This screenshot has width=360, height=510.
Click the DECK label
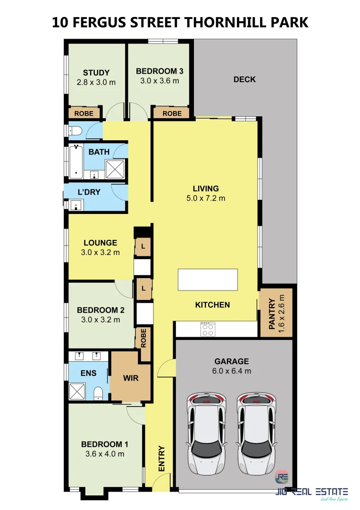244,79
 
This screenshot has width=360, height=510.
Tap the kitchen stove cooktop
208,329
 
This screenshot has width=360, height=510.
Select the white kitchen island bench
208,280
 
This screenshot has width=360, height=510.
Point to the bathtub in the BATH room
76,162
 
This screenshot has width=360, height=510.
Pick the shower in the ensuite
77,391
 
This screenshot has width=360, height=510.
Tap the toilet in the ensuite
98,393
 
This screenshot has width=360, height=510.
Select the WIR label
131,378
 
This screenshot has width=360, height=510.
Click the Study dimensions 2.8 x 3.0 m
96,82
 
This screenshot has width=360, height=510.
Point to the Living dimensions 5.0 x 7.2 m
206,198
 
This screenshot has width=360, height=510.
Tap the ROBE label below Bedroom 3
172,113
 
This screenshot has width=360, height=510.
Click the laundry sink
76,205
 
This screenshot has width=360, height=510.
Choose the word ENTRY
161,458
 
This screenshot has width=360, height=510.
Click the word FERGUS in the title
99,23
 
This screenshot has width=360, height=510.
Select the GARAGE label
232,361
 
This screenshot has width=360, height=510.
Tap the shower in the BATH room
115,169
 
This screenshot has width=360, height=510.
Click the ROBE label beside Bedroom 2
143,338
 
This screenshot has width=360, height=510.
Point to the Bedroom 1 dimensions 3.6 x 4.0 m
105,454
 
